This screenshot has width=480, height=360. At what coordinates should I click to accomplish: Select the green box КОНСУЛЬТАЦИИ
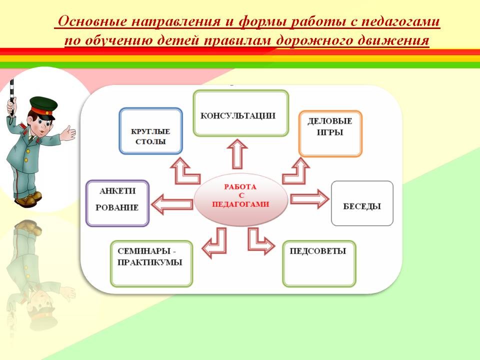click(241, 113)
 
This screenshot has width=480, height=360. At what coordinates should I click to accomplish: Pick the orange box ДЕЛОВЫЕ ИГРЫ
click(330, 133)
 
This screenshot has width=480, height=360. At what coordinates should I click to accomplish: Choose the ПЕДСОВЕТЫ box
click(319, 263)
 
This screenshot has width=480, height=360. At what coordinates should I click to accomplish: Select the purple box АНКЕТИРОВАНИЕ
click(118, 203)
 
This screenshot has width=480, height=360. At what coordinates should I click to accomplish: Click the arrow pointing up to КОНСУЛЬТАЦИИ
click(237, 154)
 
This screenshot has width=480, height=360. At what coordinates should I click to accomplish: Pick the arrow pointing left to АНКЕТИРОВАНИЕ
click(172, 203)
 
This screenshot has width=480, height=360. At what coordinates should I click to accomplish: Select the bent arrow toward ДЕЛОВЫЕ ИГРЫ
click(295, 170)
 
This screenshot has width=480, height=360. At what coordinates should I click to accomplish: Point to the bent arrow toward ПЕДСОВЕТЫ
click(259, 240)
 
